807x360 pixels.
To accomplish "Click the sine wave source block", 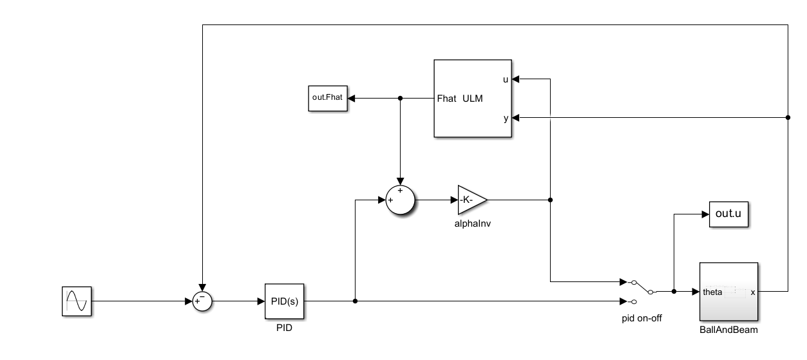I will (77, 301).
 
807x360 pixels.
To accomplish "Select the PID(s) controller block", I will (284, 301).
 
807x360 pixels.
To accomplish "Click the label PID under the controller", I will (284, 328).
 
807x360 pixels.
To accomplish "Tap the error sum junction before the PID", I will (202, 301).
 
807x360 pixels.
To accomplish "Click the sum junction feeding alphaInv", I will (400, 200).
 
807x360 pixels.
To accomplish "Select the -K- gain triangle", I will (471, 200).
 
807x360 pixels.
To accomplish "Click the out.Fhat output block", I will (327, 99).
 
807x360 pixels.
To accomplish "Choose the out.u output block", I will (728, 214).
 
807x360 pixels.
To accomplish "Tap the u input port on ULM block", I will (506, 79).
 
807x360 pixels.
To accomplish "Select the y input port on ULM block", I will (506, 118).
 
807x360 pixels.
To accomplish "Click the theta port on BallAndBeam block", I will (712, 292).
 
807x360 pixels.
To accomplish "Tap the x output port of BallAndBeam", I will (752, 292).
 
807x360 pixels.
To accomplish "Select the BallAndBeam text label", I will (728, 330).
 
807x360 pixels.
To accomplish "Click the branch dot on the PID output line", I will (356, 301).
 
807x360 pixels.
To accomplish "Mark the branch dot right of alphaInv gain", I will (550, 200).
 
